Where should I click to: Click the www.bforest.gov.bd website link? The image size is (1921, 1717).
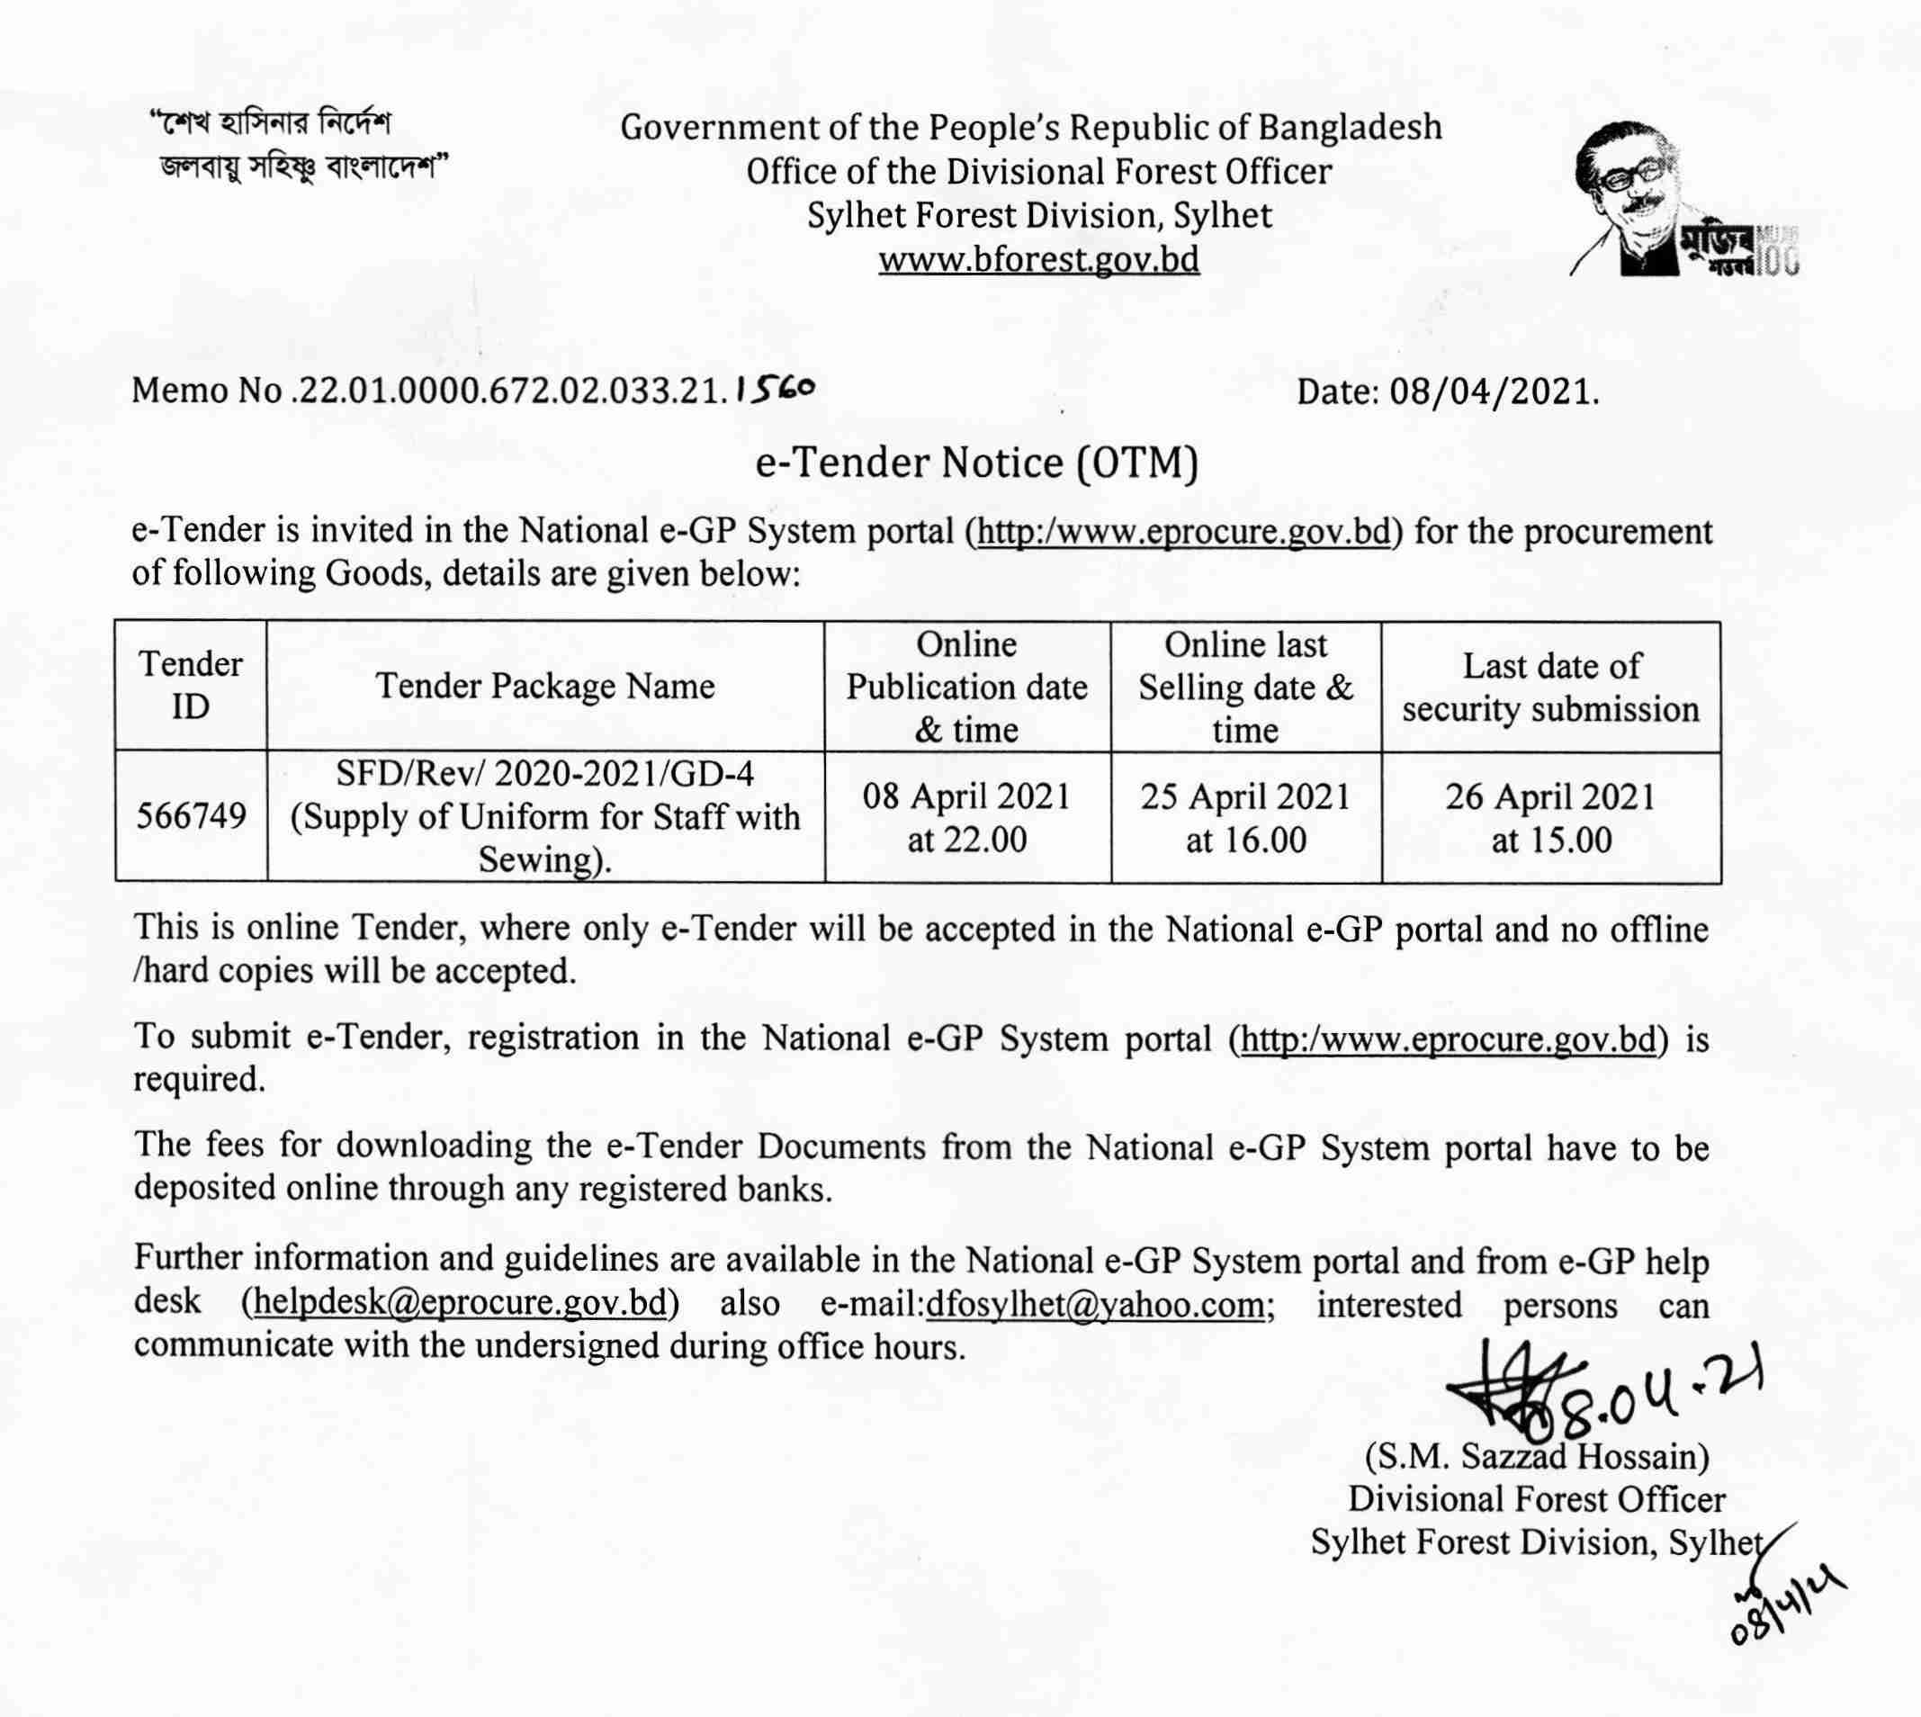tap(1038, 258)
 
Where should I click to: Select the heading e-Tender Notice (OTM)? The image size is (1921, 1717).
tap(976, 463)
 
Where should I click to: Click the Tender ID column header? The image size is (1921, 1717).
tap(191, 685)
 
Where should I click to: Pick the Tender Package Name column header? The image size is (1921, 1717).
tap(545, 686)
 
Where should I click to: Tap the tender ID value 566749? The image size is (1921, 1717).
tap(191, 816)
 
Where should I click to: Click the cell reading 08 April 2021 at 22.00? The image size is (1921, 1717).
tap(966, 817)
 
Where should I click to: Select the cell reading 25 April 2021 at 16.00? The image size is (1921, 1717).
tap(1245, 817)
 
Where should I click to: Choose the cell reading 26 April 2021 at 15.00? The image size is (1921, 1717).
tap(1550, 817)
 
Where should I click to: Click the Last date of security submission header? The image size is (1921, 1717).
tap(1550, 687)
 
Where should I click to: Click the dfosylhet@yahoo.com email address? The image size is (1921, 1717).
tap(1095, 1303)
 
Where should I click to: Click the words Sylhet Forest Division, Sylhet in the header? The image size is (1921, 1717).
tap(1038, 215)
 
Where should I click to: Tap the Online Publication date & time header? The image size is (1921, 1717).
tap(966, 687)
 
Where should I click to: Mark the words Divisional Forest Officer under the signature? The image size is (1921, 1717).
tap(1536, 1498)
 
